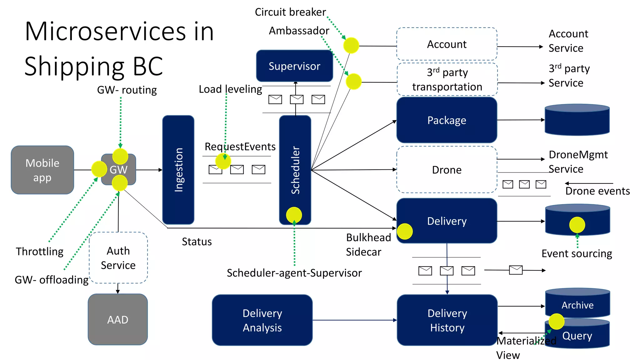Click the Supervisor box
click(294, 66)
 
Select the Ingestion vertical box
click(178, 170)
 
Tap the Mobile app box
click(42, 170)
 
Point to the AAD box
click(118, 319)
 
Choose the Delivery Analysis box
click(262, 320)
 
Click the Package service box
click(447, 120)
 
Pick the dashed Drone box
click(447, 170)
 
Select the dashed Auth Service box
click(118, 258)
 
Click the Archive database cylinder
click(577, 304)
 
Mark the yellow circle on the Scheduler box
click(294, 215)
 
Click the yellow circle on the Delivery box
click(405, 232)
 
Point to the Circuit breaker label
click(290, 12)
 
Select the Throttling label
click(40, 251)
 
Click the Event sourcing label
click(577, 253)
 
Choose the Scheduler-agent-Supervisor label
click(294, 273)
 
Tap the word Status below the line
click(197, 242)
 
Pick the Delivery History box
click(447, 320)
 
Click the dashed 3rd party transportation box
click(447, 79)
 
